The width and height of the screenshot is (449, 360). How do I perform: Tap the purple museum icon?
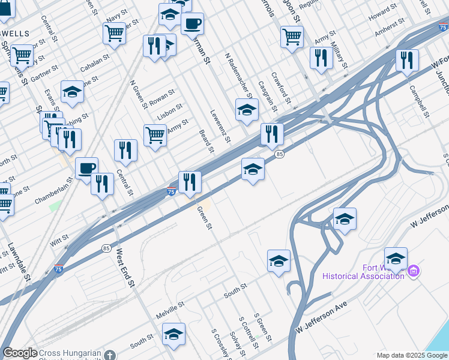(413, 271)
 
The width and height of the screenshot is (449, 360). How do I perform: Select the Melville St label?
(170, 310)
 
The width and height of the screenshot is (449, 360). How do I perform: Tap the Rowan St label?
(162, 95)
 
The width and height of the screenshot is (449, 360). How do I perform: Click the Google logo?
(20, 353)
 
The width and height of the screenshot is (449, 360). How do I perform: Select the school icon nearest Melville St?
(173, 334)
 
